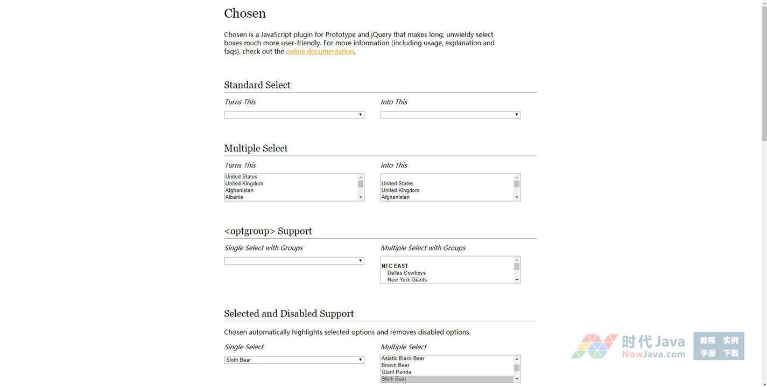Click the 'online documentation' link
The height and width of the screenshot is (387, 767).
click(x=320, y=52)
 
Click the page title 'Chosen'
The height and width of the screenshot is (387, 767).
click(x=245, y=13)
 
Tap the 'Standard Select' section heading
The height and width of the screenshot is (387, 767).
click(x=257, y=85)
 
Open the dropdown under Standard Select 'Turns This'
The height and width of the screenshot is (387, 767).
click(x=294, y=115)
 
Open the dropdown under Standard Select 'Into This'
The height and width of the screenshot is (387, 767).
click(x=450, y=115)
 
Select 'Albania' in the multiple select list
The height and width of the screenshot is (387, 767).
click(x=234, y=197)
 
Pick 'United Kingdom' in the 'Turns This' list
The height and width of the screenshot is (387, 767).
click(x=244, y=184)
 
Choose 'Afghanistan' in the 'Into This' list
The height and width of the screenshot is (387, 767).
click(x=396, y=197)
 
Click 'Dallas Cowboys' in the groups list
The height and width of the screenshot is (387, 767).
click(x=406, y=273)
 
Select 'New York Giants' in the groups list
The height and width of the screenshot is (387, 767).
click(x=407, y=280)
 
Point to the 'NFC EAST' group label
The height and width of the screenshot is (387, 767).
click(x=395, y=266)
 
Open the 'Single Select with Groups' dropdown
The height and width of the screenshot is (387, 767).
click(x=294, y=261)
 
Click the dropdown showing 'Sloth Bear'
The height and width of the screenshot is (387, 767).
click(x=294, y=360)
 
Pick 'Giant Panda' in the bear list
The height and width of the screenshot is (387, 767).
click(x=396, y=372)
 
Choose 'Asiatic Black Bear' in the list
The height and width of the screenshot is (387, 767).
click(x=403, y=358)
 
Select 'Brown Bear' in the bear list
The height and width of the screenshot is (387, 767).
click(x=396, y=365)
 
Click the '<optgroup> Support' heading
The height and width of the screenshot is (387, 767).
click(x=268, y=231)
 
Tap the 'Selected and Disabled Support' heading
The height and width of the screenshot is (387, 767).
click(x=289, y=314)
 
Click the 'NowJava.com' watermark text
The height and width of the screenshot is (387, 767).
click(x=653, y=354)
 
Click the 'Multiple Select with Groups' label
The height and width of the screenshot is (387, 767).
click(x=423, y=248)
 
